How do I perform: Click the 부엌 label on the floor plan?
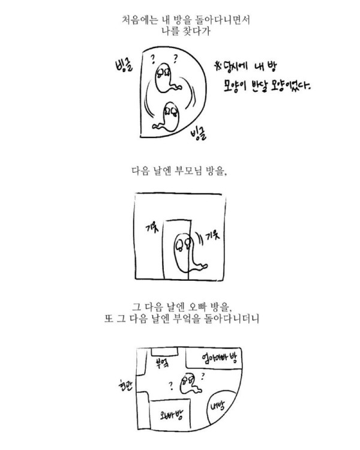(x=162, y=363)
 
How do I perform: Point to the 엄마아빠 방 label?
(x=219, y=358)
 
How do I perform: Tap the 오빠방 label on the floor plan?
(x=172, y=415)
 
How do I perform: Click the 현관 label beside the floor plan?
(x=125, y=385)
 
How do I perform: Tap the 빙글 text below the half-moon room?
(x=198, y=134)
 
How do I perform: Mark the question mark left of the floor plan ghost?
(x=171, y=386)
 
